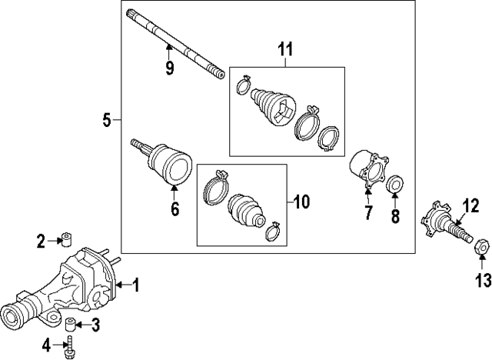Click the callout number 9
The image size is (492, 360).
click(170, 68)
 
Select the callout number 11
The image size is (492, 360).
click(286, 51)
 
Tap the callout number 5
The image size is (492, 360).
click(107, 119)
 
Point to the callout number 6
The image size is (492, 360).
click(175, 208)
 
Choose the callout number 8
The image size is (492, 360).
click(396, 216)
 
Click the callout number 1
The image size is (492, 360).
click(136, 286)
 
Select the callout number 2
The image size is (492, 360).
click(41, 241)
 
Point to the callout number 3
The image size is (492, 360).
click(95, 325)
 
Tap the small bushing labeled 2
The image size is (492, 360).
click(67, 239)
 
